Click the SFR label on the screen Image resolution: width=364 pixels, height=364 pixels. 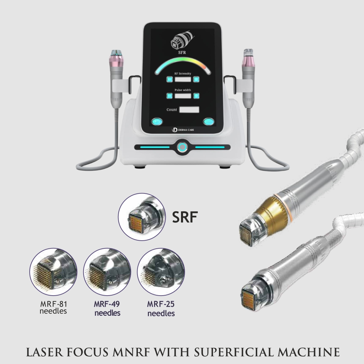[182, 52]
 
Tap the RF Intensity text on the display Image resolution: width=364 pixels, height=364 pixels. [183, 73]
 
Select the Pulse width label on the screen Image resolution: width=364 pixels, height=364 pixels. [183, 90]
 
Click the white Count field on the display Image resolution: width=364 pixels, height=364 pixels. [189, 110]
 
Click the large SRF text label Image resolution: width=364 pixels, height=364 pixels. [184, 217]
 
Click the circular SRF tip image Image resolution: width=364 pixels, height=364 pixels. [142, 217]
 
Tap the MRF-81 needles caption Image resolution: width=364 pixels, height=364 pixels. [53, 307]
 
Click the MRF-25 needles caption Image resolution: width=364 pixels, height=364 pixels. [161, 309]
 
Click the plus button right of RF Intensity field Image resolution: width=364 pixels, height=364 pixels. [196, 79]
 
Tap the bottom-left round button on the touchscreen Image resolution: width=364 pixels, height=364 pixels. [156, 122]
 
